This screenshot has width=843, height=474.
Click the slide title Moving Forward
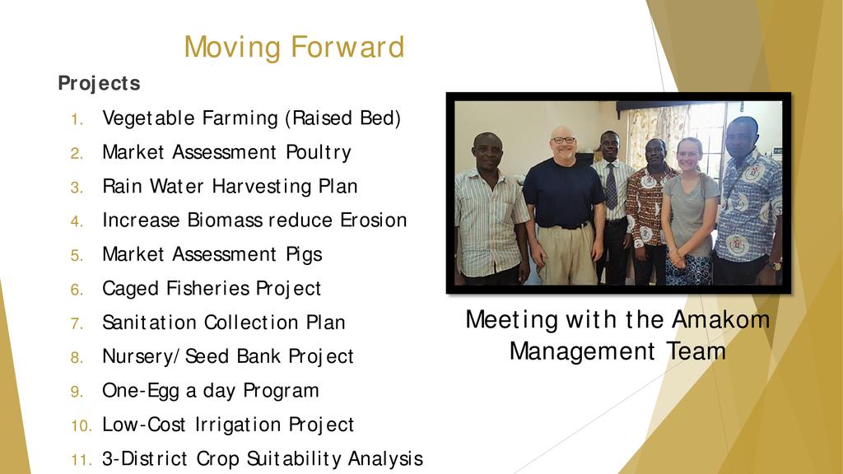(x=294, y=47)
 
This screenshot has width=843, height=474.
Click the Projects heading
(x=99, y=84)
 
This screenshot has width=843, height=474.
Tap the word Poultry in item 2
(x=319, y=152)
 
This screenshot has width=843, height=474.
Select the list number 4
(x=77, y=221)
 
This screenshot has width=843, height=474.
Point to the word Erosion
(x=373, y=221)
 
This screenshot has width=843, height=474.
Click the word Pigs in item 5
(x=304, y=255)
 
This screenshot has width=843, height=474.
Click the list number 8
(x=77, y=357)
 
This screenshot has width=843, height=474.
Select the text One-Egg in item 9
(x=141, y=391)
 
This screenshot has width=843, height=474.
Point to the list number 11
(x=82, y=460)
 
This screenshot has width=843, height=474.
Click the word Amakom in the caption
(x=720, y=320)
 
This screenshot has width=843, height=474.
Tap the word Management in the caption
(x=582, y=352)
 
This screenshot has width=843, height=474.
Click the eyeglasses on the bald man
(x=563, y=140)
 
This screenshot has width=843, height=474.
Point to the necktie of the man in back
(x=612, y=186)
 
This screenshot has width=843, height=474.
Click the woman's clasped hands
(x=678, y=258)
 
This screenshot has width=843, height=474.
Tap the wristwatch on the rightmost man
(x=775, y=265)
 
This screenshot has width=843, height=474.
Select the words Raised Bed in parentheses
(x=342, y=118)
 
